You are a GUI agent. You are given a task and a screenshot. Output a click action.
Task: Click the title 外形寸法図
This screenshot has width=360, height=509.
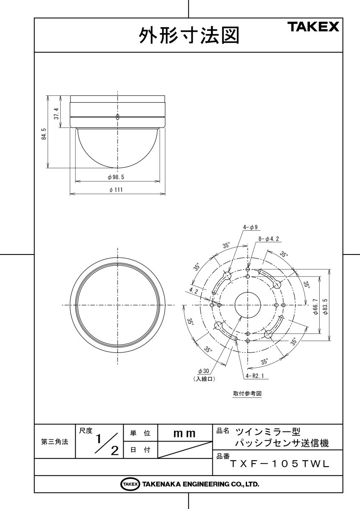tap(188, 36)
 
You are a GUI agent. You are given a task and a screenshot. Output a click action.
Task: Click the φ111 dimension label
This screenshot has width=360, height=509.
tap(115, 190)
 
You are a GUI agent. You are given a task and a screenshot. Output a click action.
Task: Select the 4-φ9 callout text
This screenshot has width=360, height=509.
tap(250, 227)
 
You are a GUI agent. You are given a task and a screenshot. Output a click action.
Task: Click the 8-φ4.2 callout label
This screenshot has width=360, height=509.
tap(268, 239)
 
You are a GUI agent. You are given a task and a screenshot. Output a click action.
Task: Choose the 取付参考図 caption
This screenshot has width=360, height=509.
tap(247, 393)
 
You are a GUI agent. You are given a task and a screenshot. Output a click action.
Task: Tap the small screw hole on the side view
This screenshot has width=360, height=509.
tap(118, 117)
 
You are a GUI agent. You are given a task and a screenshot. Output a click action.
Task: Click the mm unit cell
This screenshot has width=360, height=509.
tap(184, 433)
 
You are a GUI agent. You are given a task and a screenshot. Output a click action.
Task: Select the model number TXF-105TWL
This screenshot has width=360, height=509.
tap(279, 464)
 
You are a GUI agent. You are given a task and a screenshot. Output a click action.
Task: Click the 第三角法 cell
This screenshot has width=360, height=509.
tap(54, 442)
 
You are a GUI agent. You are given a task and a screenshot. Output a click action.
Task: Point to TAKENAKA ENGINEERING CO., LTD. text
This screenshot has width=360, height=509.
tap(200, 484)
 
